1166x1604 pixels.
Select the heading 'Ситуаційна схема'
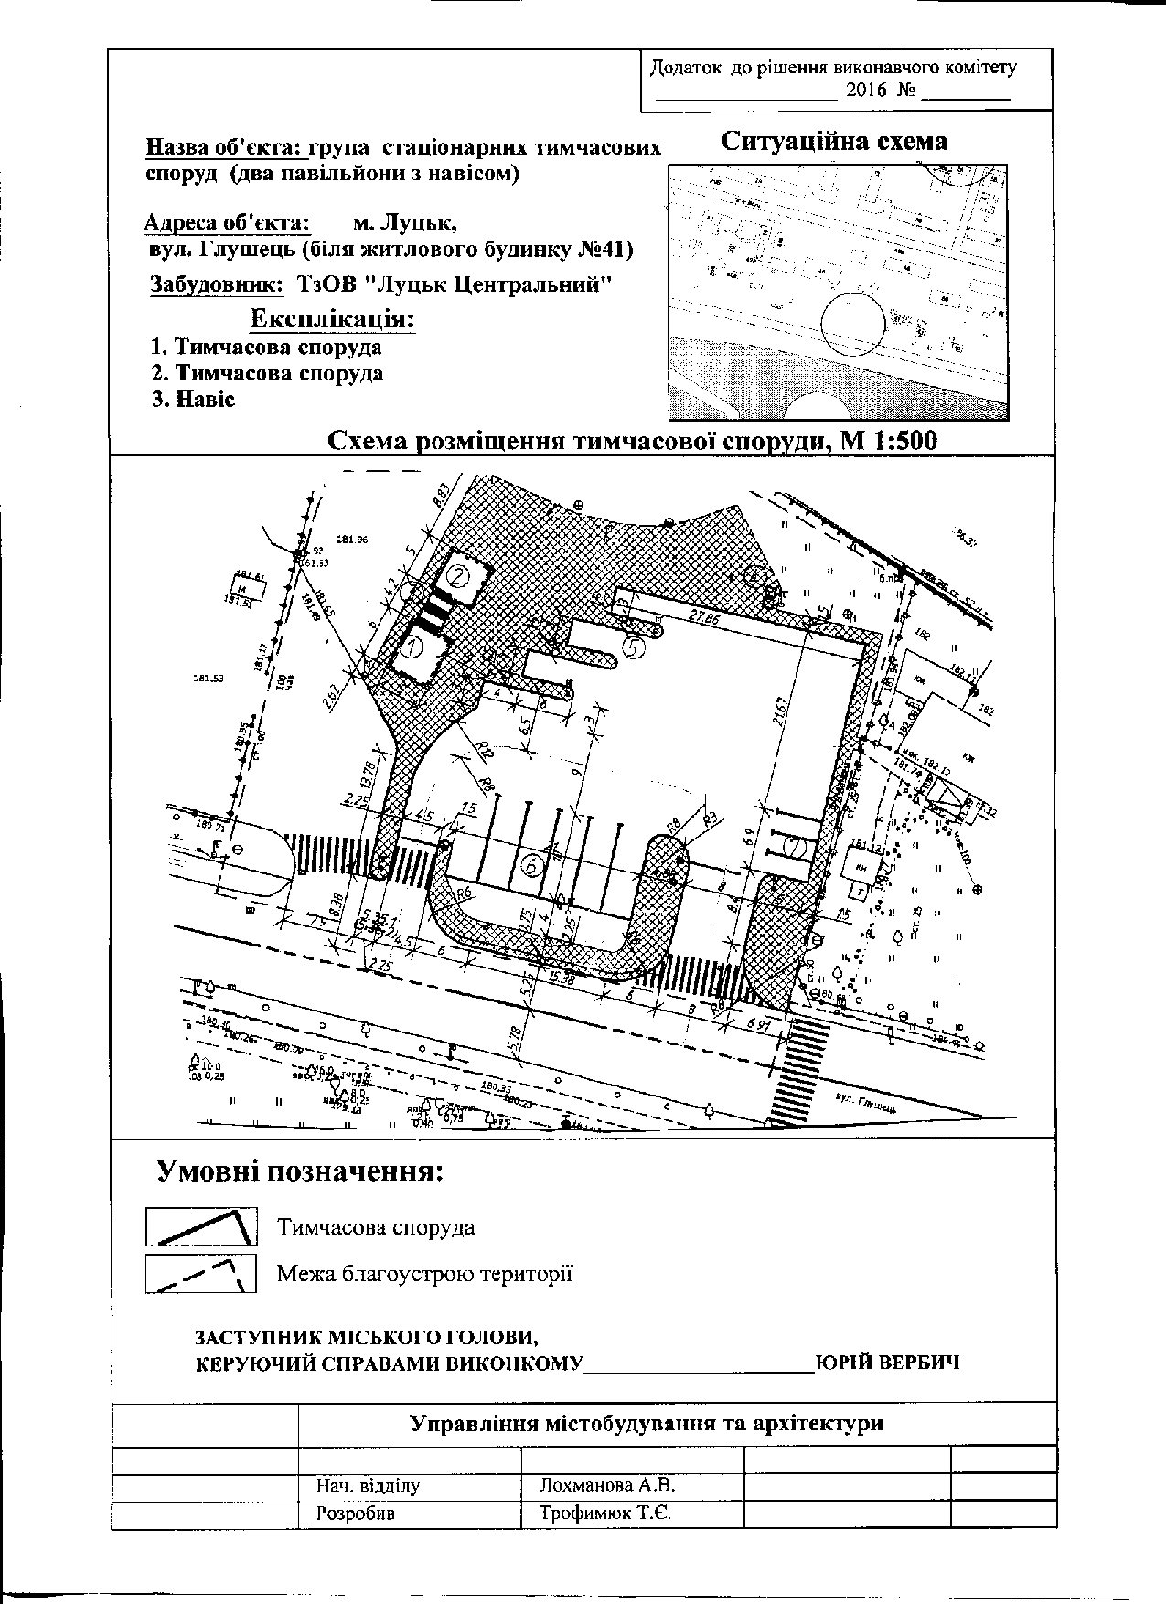(833, 142)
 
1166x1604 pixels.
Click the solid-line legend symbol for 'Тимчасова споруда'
(201, 1226)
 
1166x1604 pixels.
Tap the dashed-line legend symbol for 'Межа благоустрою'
(201, 1273)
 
